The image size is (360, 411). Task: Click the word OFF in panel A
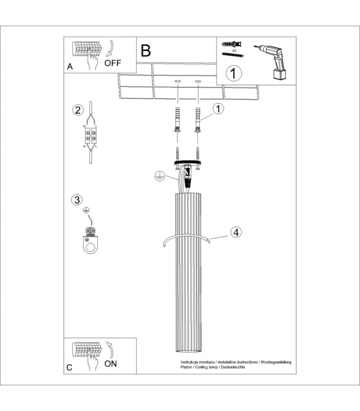tap(113, 63)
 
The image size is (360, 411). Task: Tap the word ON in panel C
tap(111, 364)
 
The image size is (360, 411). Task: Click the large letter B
tap(146, 50)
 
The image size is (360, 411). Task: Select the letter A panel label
tap(70, 67)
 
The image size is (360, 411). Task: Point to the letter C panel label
tap(69, 367)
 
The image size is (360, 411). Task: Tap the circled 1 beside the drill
tap(234, 73)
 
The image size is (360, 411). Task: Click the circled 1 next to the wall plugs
tap(218, 108)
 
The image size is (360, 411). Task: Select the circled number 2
tap(78, 110)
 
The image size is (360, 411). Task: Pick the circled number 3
tap(77, 200)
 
